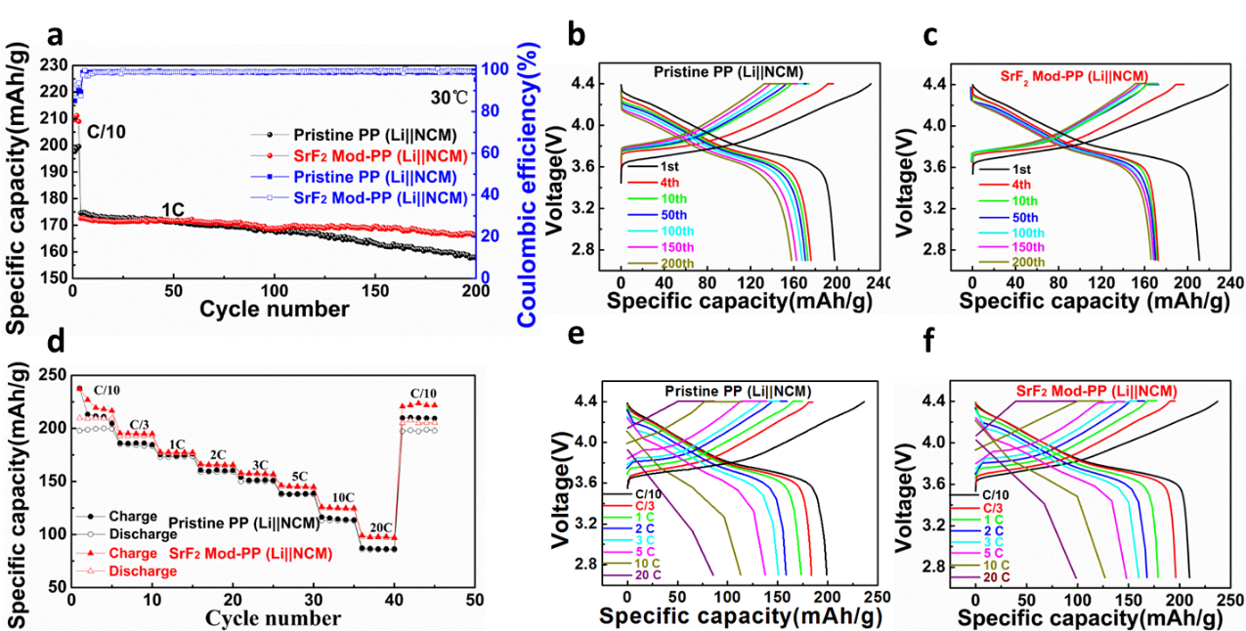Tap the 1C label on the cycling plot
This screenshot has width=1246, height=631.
click(174, 209)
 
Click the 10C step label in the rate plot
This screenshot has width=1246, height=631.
click(342, 497)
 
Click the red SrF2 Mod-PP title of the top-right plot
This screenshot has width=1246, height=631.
click(1073, 75)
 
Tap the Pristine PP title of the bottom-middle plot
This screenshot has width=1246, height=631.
click(738, 392)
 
